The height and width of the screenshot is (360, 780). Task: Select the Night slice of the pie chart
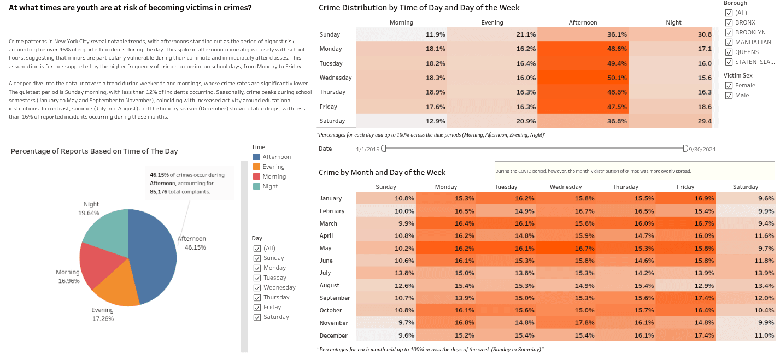(x=107, y=229)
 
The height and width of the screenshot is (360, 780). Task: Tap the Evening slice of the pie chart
(x=118, y=290)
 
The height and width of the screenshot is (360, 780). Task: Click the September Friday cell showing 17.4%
(x=685, y=298)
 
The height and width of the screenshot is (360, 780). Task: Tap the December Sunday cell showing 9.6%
(x=386, y=335)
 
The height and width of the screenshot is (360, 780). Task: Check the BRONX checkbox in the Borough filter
(x=729, y=22)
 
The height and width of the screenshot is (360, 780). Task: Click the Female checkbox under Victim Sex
(x=729, y=85)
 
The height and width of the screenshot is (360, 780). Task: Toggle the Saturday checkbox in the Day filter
(x=257, y=317)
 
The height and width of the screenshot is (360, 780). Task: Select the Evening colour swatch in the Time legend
(x=256, y=167)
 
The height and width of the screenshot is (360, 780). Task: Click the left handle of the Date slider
(x=384, y=148)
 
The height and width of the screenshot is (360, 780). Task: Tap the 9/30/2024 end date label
(x=702, y=149)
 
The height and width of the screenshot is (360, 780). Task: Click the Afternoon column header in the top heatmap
(x=583, y=22)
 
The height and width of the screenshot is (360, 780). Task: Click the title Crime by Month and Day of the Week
(x=382, y=173)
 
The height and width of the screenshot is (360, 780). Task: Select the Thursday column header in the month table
(x=625, y=187)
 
